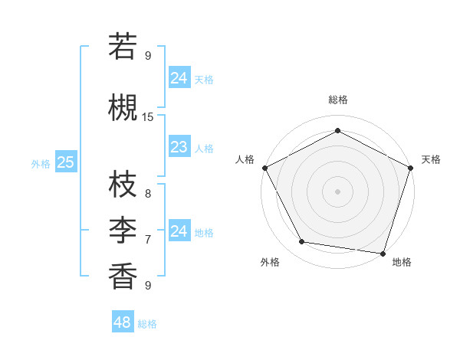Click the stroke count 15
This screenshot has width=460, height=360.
click(148, 116)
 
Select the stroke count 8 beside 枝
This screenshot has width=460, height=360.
click(148, 194)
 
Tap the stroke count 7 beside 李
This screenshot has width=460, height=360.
click(148, 239)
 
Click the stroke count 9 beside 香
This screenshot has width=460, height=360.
click(148, 285)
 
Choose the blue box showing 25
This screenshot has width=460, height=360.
click(65, 162)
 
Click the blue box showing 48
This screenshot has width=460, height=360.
click(122, 322)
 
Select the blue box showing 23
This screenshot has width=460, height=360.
click(179, 147)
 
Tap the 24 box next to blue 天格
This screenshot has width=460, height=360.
click(179, 78)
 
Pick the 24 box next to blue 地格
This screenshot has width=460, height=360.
click(179, 231)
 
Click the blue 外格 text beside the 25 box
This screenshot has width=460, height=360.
click(41, 163)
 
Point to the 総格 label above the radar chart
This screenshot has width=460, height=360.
click(337, 100)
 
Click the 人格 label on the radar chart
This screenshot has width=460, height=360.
click(245, 159)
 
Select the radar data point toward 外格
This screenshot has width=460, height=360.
click(301, 242)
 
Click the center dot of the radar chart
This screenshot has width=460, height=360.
click(337, 191)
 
